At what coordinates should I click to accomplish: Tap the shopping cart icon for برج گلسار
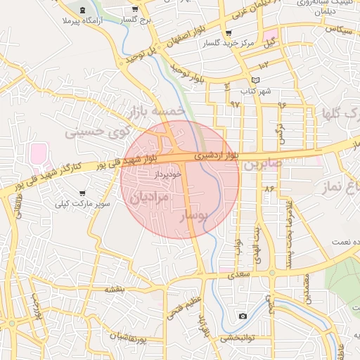click(134, 9)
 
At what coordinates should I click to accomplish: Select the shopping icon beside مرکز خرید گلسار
click(228, 33)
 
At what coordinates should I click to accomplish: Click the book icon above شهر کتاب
click(255, 79)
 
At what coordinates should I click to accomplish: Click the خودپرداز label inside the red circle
click(168, 173)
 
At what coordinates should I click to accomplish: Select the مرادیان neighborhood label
click(149, 198)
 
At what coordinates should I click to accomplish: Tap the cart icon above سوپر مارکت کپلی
click(82, 193)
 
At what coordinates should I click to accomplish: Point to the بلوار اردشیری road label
click(216, 152)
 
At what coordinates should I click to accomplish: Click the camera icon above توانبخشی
click(243, 316)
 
